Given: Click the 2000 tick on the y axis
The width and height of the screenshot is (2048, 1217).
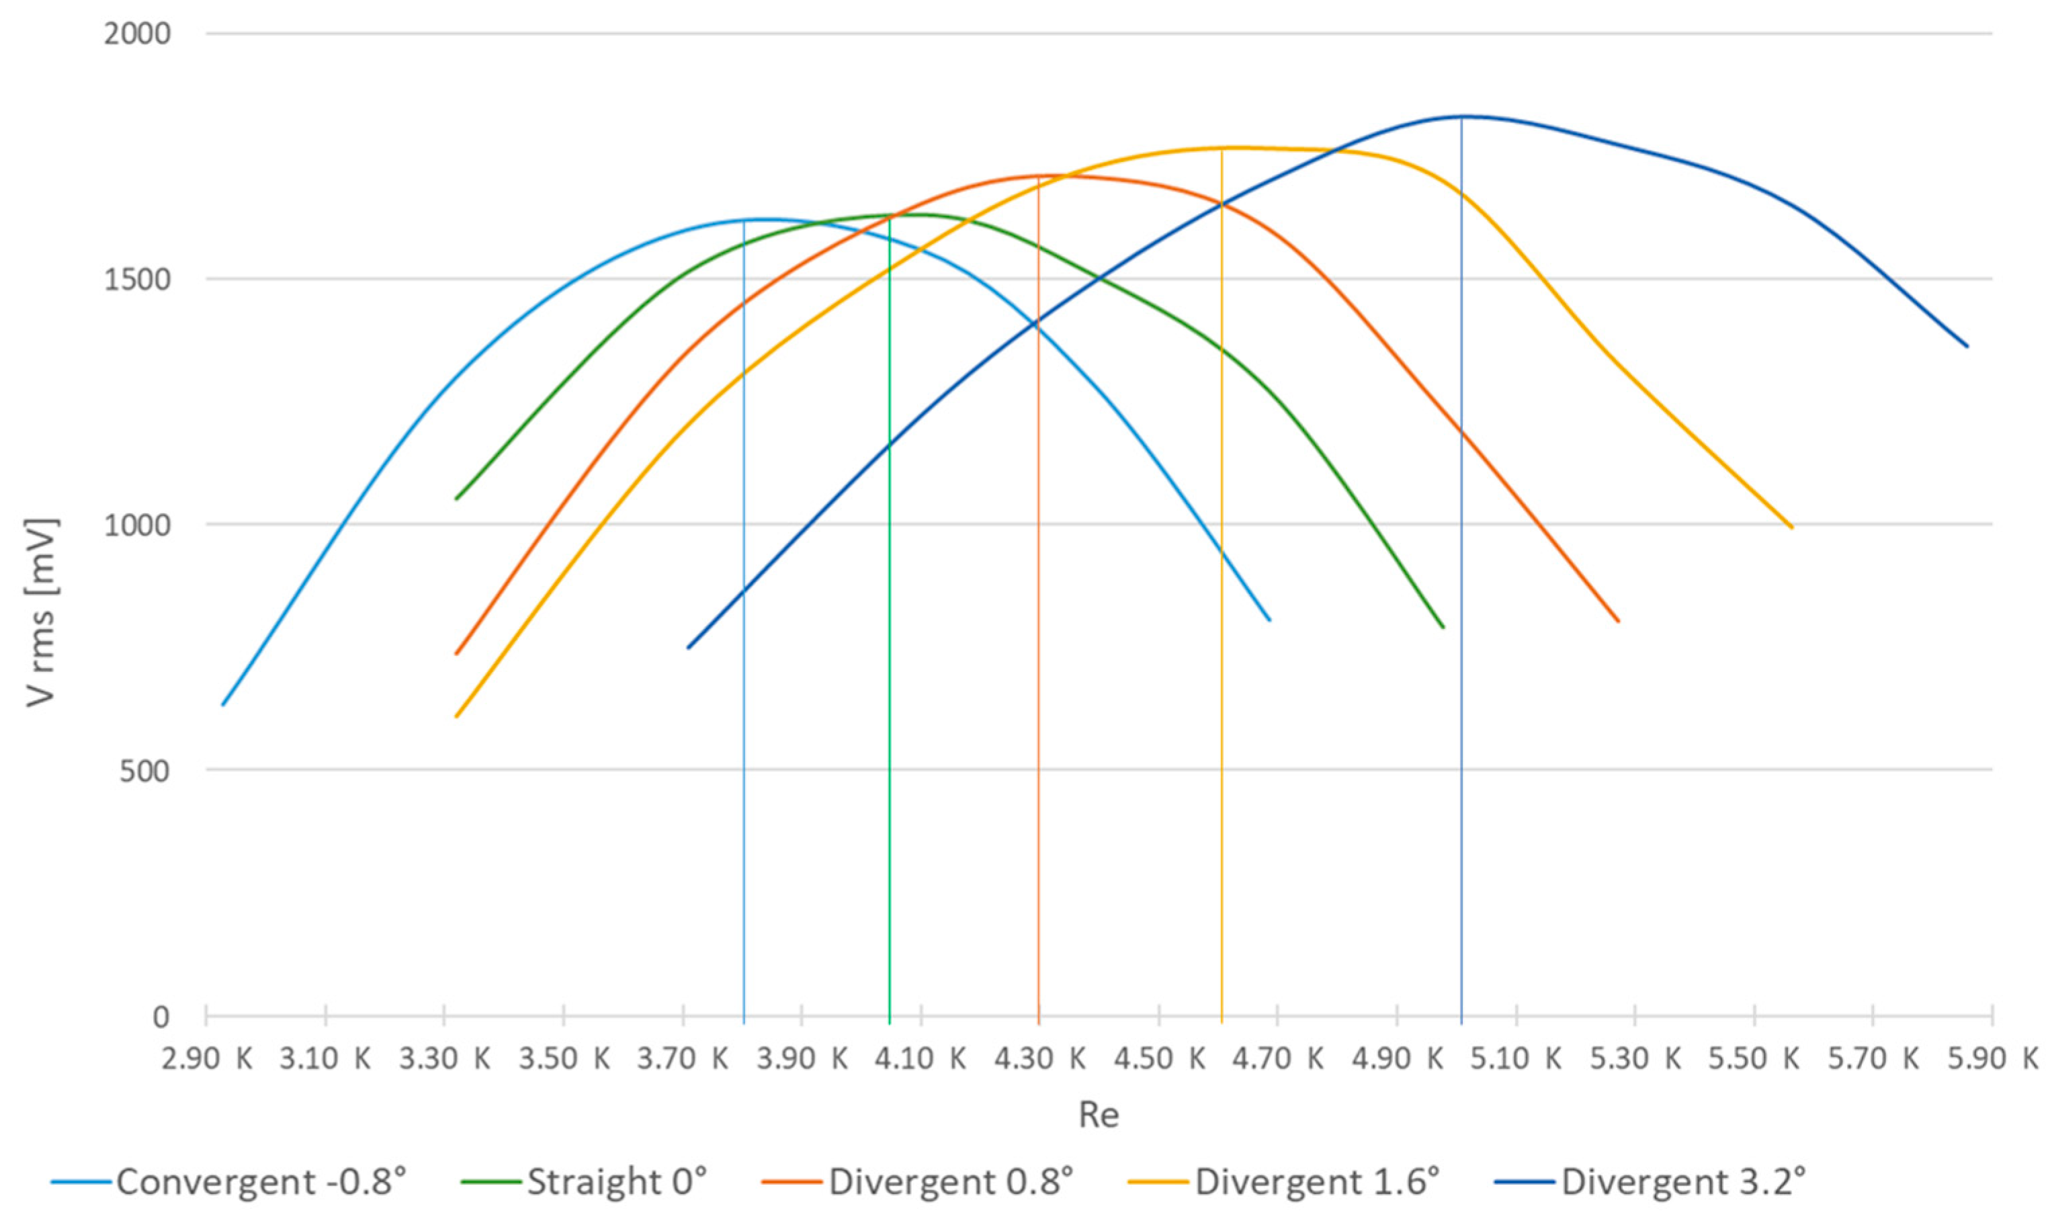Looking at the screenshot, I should tap(137, 34).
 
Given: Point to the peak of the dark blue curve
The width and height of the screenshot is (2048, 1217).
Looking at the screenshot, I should tap(1461, 116).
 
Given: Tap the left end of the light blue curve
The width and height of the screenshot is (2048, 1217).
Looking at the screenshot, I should tap(222, 704).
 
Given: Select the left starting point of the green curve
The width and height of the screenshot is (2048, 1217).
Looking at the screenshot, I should tap(456, 499).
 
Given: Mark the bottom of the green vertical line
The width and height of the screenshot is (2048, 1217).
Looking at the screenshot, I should tap(890, 1023).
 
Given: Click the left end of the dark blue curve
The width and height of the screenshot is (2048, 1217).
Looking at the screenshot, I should tap(688, 648).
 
